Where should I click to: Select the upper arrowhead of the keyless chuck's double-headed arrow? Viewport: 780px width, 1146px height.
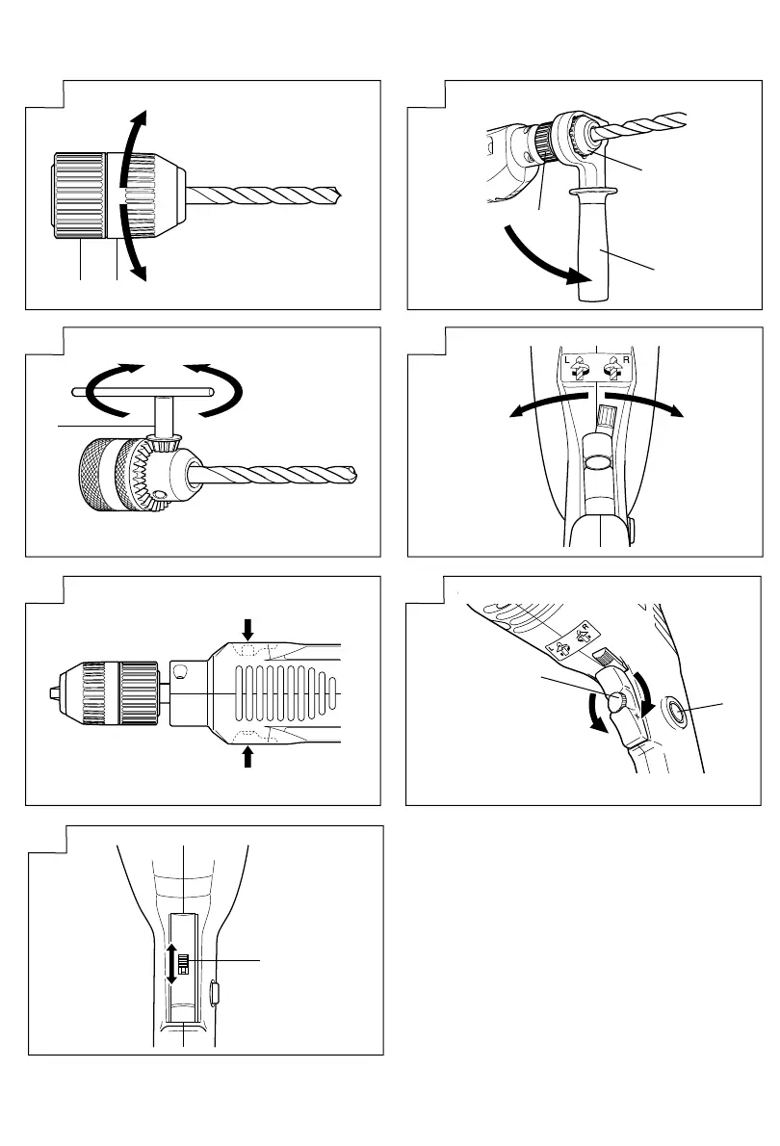(x=141, y=117)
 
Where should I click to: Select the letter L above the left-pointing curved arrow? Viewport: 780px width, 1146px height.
(x=569, y=359)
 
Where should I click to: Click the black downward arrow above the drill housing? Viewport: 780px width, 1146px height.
(x=248, y=629)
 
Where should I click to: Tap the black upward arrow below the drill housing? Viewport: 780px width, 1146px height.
(x=248, y=758)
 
